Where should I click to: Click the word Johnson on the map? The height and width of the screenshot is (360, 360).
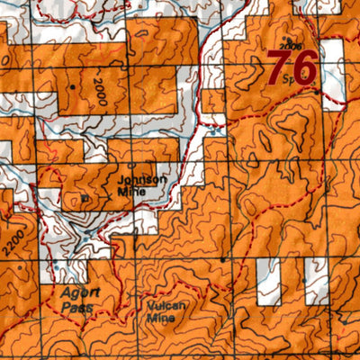pos(141,178)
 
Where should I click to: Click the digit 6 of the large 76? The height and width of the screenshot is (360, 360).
pos(302,67)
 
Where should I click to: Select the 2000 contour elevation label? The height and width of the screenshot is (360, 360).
pos(96,91)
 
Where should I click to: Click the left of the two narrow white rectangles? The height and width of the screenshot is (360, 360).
pos(265,281)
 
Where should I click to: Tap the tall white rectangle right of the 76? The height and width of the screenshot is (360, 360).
pos(332,72)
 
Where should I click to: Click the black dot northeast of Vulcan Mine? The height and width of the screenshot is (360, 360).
pos(224,260)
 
